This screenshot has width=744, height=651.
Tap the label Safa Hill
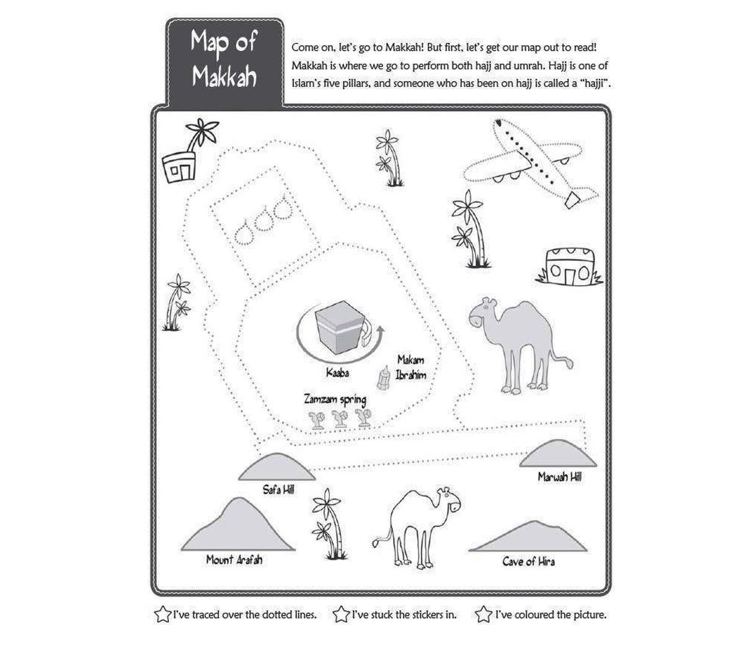pos(278,490)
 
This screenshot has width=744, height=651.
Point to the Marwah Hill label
pos(559,477)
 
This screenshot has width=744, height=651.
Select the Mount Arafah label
pos(234,559)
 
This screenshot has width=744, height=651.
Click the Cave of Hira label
pos(528,561)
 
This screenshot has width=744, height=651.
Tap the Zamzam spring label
pos(334,400)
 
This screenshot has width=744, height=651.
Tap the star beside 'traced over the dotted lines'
pos(162,615)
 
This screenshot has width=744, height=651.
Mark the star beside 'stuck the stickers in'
pos(341,615)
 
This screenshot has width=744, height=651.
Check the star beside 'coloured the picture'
pos(484,615)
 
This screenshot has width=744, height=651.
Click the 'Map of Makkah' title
pos(223,60)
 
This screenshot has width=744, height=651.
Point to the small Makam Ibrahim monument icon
pos(384,378)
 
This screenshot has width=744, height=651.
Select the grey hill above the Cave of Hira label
pos(528,538)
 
